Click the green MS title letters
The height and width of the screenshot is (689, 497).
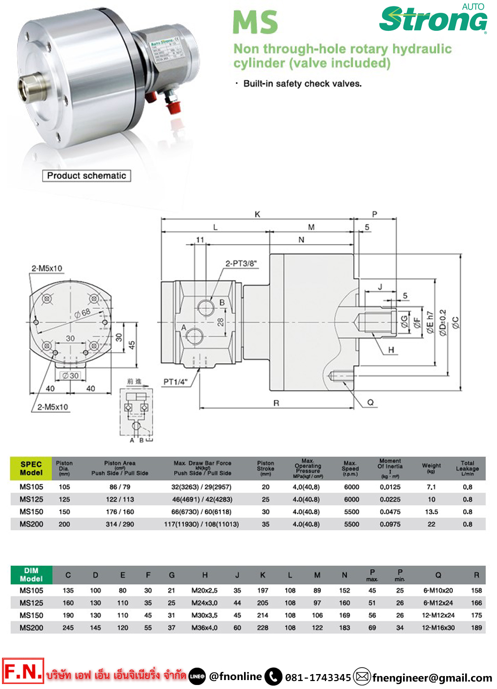pyautogui.click(x=255, y=22)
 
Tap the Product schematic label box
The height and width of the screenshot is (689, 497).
pyautogui.click(x=86, y=175)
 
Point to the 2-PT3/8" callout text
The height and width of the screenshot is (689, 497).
pyautogui.click(x=241, y=263)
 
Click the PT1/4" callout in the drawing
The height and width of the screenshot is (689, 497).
pyautogui.click(x=175, y=382)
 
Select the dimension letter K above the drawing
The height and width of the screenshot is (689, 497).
pyautogui.click(x=257, y=214)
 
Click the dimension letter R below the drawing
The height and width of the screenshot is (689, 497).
pyautogui.click(x=276, y=403)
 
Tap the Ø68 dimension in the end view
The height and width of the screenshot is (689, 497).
pyautogui.click(x=83, y=313)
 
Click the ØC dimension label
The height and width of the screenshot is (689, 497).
pyautogui.click(x=455, y=323)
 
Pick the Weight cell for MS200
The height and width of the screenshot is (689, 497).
pyautogui.click(x=431, y=524)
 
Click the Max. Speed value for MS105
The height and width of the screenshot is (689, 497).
pyautogui.click(x=351, y=487)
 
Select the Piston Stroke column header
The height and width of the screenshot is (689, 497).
pyautogui.click(x=265, y=468)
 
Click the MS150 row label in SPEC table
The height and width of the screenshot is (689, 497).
pyautogui.click(x=31, y=512)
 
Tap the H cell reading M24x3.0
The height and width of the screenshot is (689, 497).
pyautogui.click(x=204, y=603)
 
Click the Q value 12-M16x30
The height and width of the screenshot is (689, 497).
pyautogui.click(x=438, y=628)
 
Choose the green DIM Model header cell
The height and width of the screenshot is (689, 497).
pyautogui.click(x=31, y=575)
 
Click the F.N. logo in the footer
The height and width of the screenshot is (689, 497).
pyautogui.click(x=23, y=672)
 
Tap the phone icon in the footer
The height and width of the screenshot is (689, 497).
pyautogui.click(x=273, y=677)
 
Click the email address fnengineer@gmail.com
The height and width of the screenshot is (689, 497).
pyautogui.click(x=432, y=678)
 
